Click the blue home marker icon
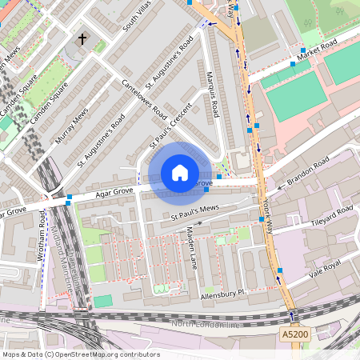(180, 173)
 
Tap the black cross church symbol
(82, 38)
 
